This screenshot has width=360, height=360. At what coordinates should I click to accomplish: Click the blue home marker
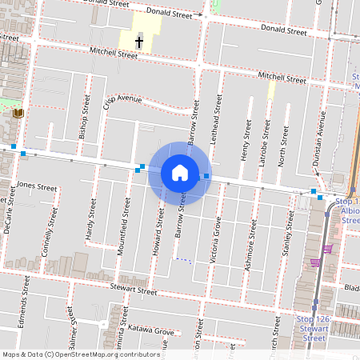pos(180,172)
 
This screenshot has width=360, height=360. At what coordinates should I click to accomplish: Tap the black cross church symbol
pos(138,42)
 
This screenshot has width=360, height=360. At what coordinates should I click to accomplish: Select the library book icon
pos(18,114)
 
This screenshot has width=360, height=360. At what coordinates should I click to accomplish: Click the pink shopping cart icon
pos(316,262)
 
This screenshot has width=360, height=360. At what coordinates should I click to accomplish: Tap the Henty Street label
pos(247,138)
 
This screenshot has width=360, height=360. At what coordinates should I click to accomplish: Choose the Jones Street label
pos(37,187)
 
